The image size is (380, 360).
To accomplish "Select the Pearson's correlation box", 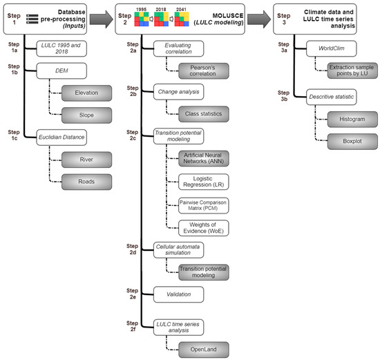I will tap(203, 68).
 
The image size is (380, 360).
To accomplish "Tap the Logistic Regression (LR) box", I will tap(203, 182).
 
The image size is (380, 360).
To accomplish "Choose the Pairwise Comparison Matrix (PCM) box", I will tap(203, 204).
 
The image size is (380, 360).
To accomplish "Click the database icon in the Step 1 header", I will tap(31, 16).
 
